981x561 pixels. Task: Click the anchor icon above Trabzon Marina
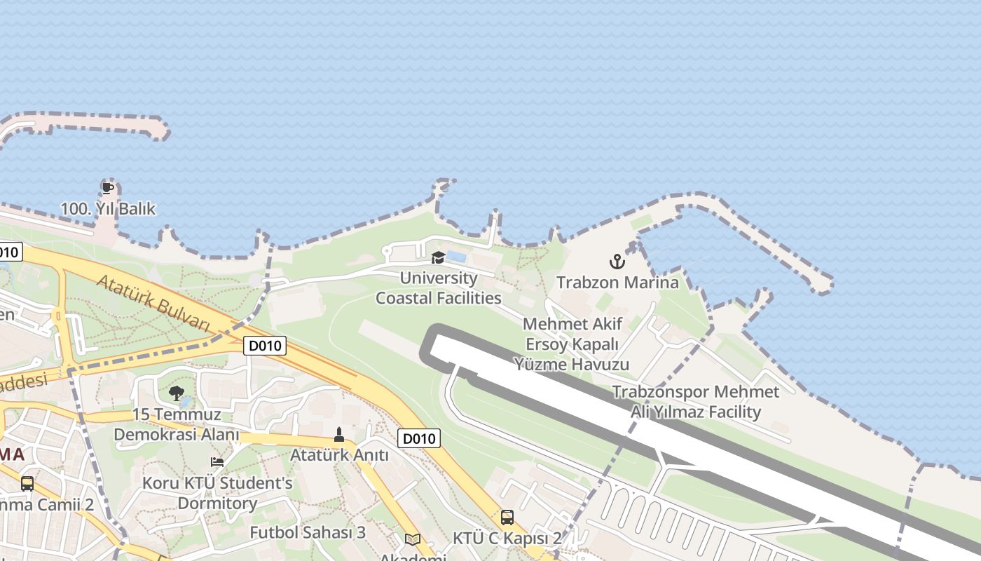coord(617,262)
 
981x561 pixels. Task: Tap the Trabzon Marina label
coord(617,283)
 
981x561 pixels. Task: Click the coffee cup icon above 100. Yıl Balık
coord(107,188)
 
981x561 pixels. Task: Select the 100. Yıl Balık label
coord(108,209)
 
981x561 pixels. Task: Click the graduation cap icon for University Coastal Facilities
coord(438,257)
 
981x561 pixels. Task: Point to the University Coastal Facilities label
coord(439,288)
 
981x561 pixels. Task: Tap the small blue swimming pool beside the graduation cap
coord(456,257)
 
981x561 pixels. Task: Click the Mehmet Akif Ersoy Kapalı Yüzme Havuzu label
coord(572,344)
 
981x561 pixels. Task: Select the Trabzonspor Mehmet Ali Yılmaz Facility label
coord(695,402)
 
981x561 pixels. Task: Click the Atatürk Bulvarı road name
coord(153,303)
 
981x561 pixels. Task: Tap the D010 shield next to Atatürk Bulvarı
coord(265,345)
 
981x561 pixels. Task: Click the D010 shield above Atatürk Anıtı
coord(419,439)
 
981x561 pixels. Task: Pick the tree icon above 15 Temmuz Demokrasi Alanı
coord(176,393)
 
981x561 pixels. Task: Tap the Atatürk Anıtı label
coord(339,455)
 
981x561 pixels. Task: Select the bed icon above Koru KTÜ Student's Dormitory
coord(217,462)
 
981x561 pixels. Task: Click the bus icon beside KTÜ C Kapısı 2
coord(507,518)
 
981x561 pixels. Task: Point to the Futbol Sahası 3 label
coord(308,532)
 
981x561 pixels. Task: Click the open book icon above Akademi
coord(413,539)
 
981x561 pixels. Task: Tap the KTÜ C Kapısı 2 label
coord(507,539)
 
